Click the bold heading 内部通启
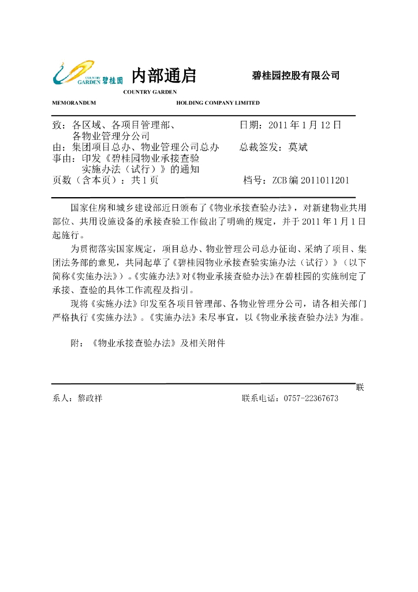click(164, 75)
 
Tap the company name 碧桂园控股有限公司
click(296, 76)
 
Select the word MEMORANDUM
click(74, 103)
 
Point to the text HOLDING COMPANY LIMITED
click(218, 103)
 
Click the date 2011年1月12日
click(305, 124)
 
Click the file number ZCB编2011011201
click(311, 180)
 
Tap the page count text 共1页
click(145, 180)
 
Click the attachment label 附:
click(77, 343)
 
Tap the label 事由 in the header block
click(61, 158)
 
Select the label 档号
click(253, 180)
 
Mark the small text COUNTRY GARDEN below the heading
click(150, 92)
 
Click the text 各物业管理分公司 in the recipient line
click(111, 136)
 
